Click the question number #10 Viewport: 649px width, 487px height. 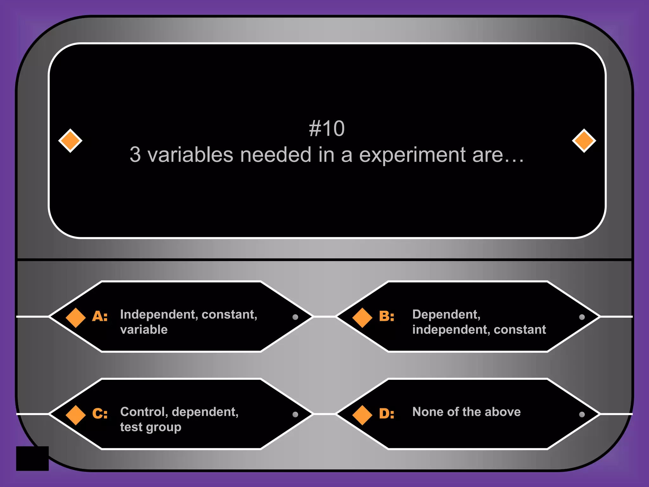point(327,128)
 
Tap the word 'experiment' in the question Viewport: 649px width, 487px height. point(412,155)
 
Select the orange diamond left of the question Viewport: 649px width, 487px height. point(70,140)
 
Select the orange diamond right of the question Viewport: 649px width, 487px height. point(584,140)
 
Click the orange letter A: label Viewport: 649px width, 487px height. point(100,316)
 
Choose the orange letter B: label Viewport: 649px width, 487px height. point(387,316)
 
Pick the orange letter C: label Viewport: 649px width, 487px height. point(100,413)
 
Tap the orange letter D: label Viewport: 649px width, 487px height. point(387,413)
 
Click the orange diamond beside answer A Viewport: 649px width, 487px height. point(75,317)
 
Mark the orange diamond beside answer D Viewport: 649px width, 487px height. point(362,415)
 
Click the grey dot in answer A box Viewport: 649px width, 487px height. point(295,317)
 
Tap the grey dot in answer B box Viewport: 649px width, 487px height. point(582,317)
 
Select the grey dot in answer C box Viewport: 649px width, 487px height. point(295,414)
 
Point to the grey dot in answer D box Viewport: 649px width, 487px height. point(582,414)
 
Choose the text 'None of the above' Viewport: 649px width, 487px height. point(466,412)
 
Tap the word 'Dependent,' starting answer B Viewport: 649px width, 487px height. point(446,314)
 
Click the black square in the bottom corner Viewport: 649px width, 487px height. point(32,458)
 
